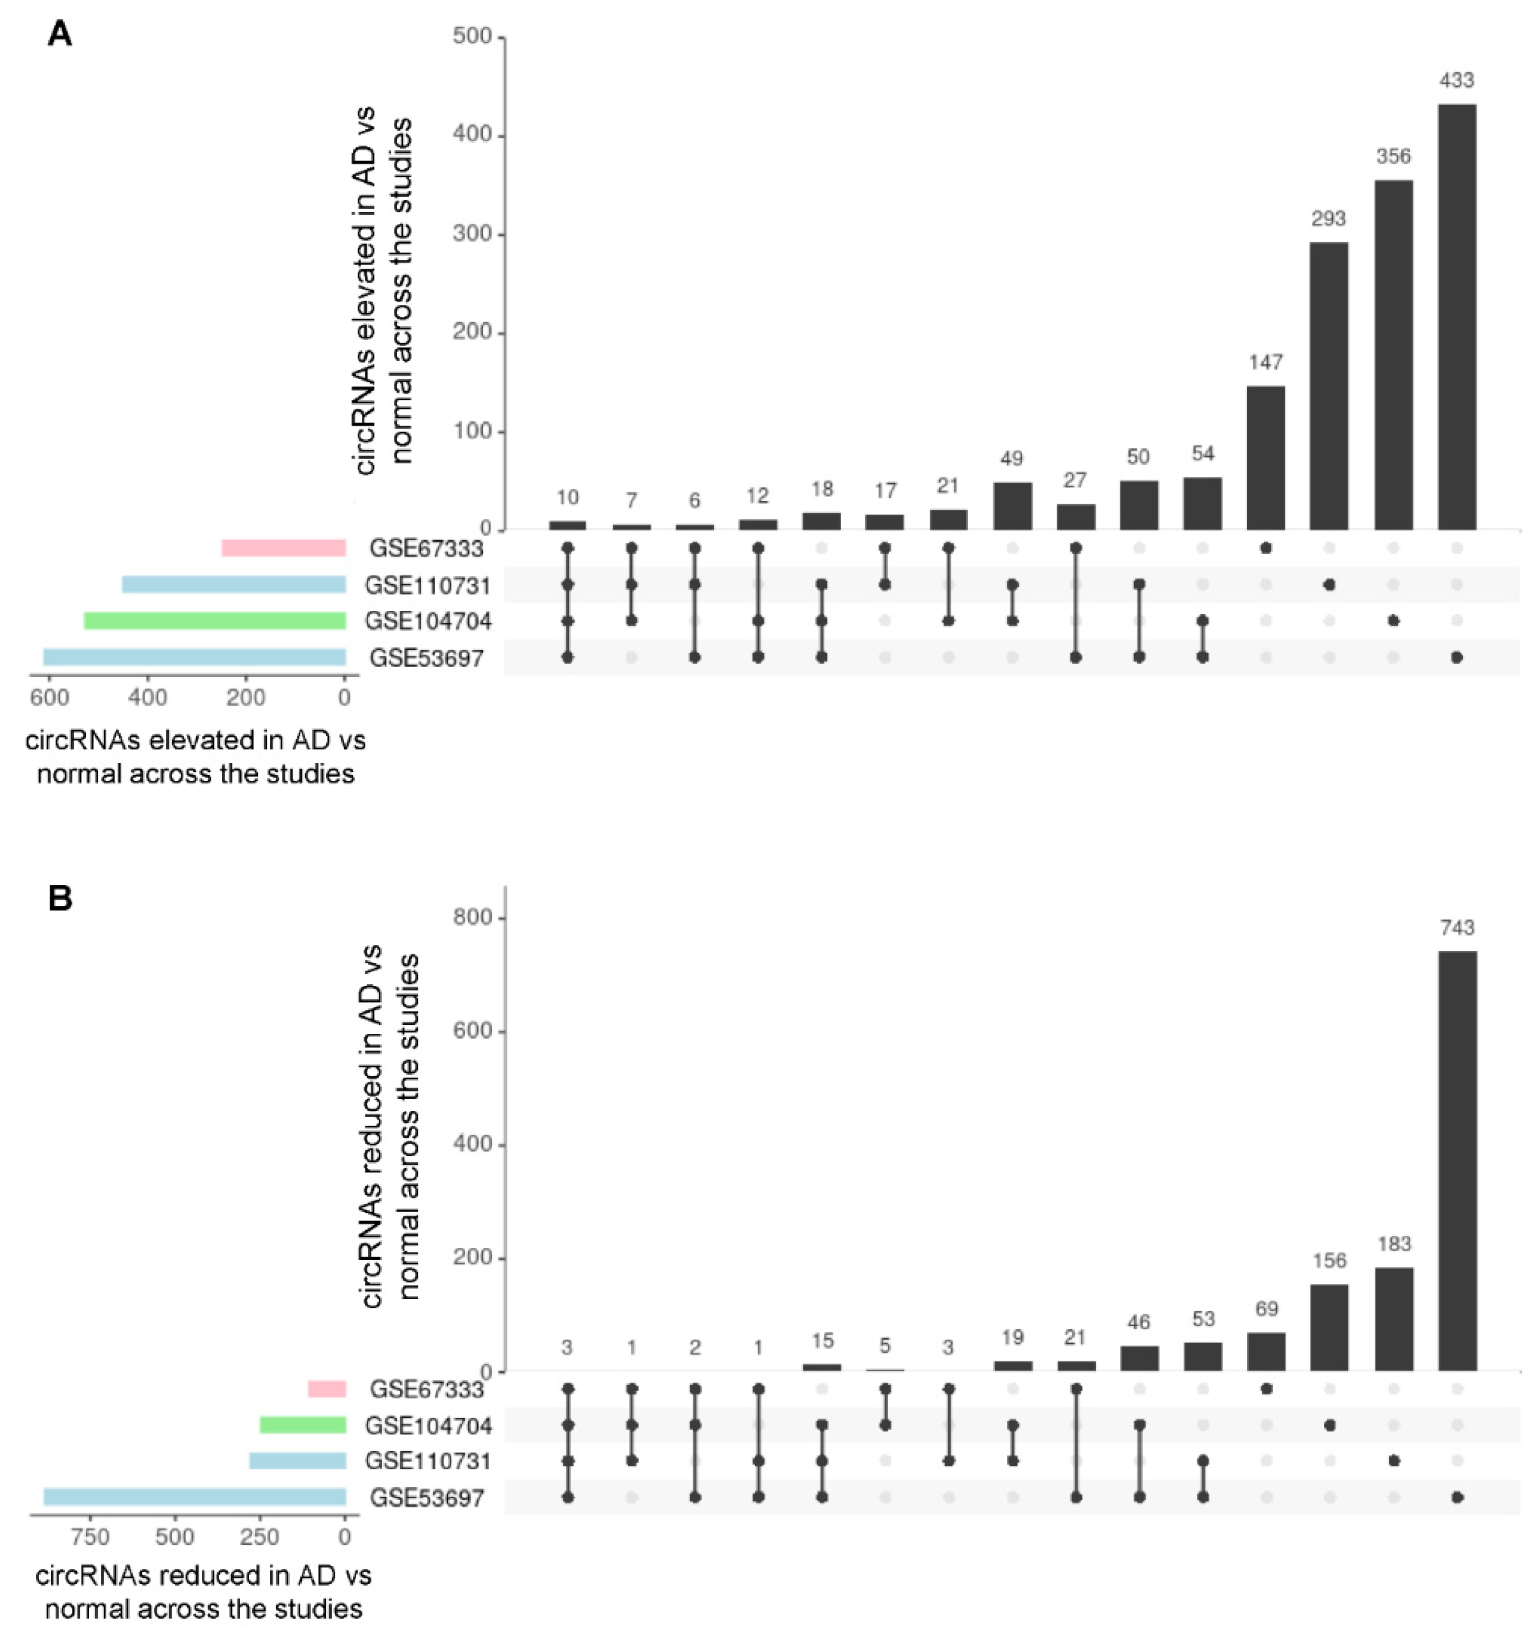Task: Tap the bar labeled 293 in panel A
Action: (1329, 386)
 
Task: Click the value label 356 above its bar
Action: (1393, 156)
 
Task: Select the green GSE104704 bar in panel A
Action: (214, 620)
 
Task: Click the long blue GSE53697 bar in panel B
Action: (194, 1497)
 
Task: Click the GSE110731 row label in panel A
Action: (427, 586)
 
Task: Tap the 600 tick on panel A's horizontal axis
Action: (50, 698)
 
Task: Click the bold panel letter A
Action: (60, 35)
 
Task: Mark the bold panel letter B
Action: (60, 897)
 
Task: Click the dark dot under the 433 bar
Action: (1457, 657)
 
